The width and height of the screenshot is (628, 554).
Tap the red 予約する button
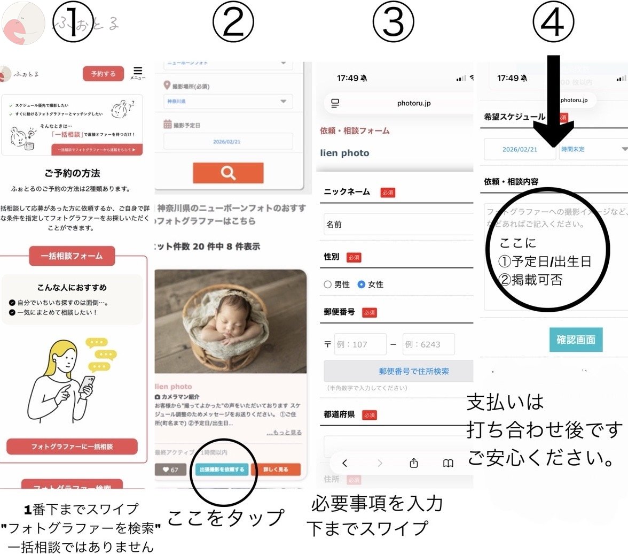(x=103, y=74)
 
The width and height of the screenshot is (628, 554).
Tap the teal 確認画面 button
(x=576, y=340)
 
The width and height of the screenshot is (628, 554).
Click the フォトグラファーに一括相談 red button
(x=72, y=446)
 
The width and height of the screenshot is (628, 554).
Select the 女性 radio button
(x=362, y=284)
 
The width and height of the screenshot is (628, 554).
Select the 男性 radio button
(x=328, y=284)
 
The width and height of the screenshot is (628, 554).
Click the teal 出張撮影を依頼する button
(x=221, y=470)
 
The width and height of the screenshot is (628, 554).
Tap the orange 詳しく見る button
(x=276, y=470)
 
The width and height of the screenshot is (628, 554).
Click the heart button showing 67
(x=170, y=470)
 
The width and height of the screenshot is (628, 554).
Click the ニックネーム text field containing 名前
(x=398, y=225)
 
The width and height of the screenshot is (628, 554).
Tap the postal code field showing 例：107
(x=360, y=344)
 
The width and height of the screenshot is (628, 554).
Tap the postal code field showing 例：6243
(x=428, y=344)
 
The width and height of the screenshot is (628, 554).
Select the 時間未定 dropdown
(x=593, y=149)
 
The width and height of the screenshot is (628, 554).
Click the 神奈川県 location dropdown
(x=228, y=101)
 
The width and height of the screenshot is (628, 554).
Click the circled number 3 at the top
(x=393, y=21)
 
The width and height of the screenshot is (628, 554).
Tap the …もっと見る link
(x=284, y=432)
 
